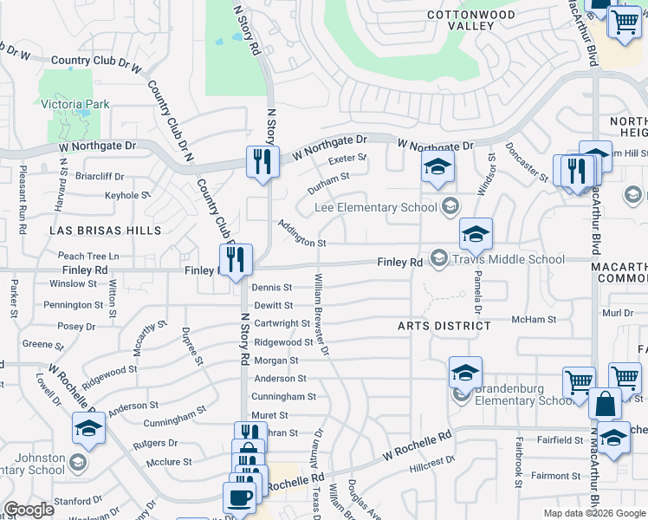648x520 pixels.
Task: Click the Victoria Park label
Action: click(x=75, y=105)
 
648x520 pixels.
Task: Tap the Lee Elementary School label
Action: click(x=375, y=207)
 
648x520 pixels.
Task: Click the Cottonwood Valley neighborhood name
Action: click(x=460, y=20)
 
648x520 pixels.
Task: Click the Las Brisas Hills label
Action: click(x=105, y=231)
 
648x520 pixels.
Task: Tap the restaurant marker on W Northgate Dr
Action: click(x=262, y=162)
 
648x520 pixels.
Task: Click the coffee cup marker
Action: click(x=239, y=498)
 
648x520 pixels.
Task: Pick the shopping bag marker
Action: click(x=604, y=404)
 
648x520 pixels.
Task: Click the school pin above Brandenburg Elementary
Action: click(x=465, y=374)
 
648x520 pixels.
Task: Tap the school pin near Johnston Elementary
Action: click(x=88, y=429)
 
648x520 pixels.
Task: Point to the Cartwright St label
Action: click(x=282, y=323)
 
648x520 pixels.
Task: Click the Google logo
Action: click(x=29, y=510)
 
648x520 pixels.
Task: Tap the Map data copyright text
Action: click(x=594, y=513)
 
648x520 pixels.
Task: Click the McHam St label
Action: click(x=534, y=320)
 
